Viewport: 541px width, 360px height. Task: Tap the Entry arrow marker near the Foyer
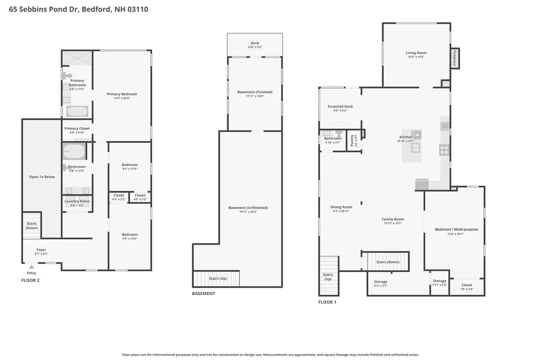click(x=31, y=267)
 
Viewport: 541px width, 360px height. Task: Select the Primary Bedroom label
click(x=122, y=94)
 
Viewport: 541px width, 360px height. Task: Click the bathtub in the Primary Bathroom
click(x=77, y=111)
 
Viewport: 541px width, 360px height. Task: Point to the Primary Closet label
click(x=77, y=128)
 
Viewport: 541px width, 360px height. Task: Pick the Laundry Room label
click(x=77, y=201)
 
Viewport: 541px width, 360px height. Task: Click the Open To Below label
click(x=42, y=177)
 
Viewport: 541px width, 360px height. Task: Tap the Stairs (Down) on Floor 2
click(x=32, y=225)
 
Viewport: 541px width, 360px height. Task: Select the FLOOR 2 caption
click(x=30, y=280)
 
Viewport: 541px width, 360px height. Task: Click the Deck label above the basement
click(x=255, y=43)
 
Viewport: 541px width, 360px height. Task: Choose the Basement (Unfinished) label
click(x=248, y=207)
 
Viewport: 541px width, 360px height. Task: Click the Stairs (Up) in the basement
click(x=217, y=278)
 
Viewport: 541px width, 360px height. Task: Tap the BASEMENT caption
click(x=203, y=293)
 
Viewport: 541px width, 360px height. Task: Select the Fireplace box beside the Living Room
click(x=454, y=58)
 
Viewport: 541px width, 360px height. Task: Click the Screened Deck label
click(x=340, y=107)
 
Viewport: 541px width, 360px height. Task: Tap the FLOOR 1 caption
click(x=327, y=302)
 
